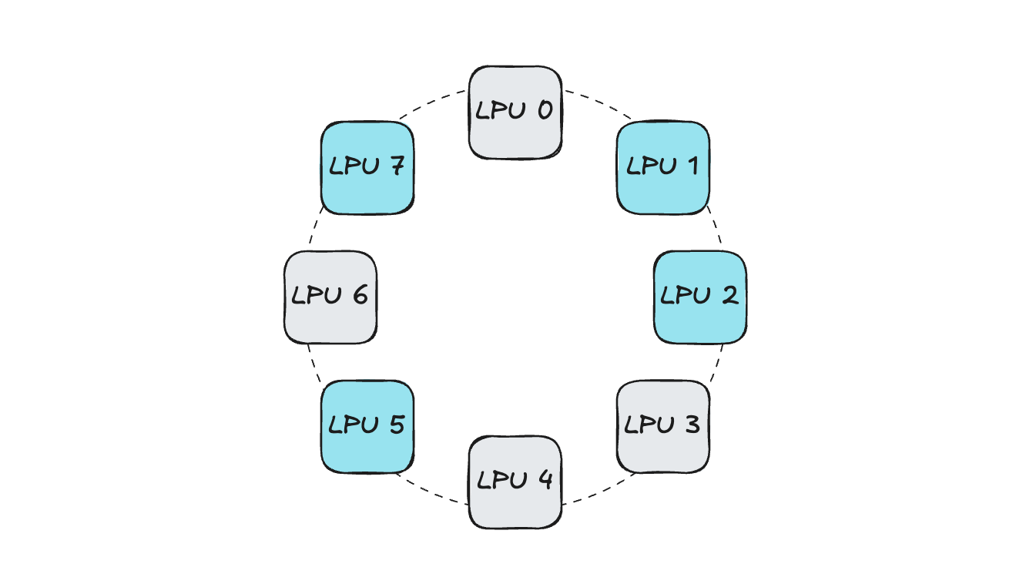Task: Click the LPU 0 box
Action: point(515,112)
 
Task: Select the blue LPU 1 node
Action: point(663,167)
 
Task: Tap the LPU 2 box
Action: point(700,297)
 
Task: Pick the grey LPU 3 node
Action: point(663,426)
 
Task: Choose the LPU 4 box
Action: point(515,482)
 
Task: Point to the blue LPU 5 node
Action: point(367,426)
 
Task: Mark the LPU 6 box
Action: point(330,297)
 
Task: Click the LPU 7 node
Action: point(367,167)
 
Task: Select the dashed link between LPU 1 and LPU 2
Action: point(716,230)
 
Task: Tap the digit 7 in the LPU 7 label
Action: point(396,166)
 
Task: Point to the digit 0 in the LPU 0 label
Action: point(544,111)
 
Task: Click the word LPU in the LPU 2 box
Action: point(684,296)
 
